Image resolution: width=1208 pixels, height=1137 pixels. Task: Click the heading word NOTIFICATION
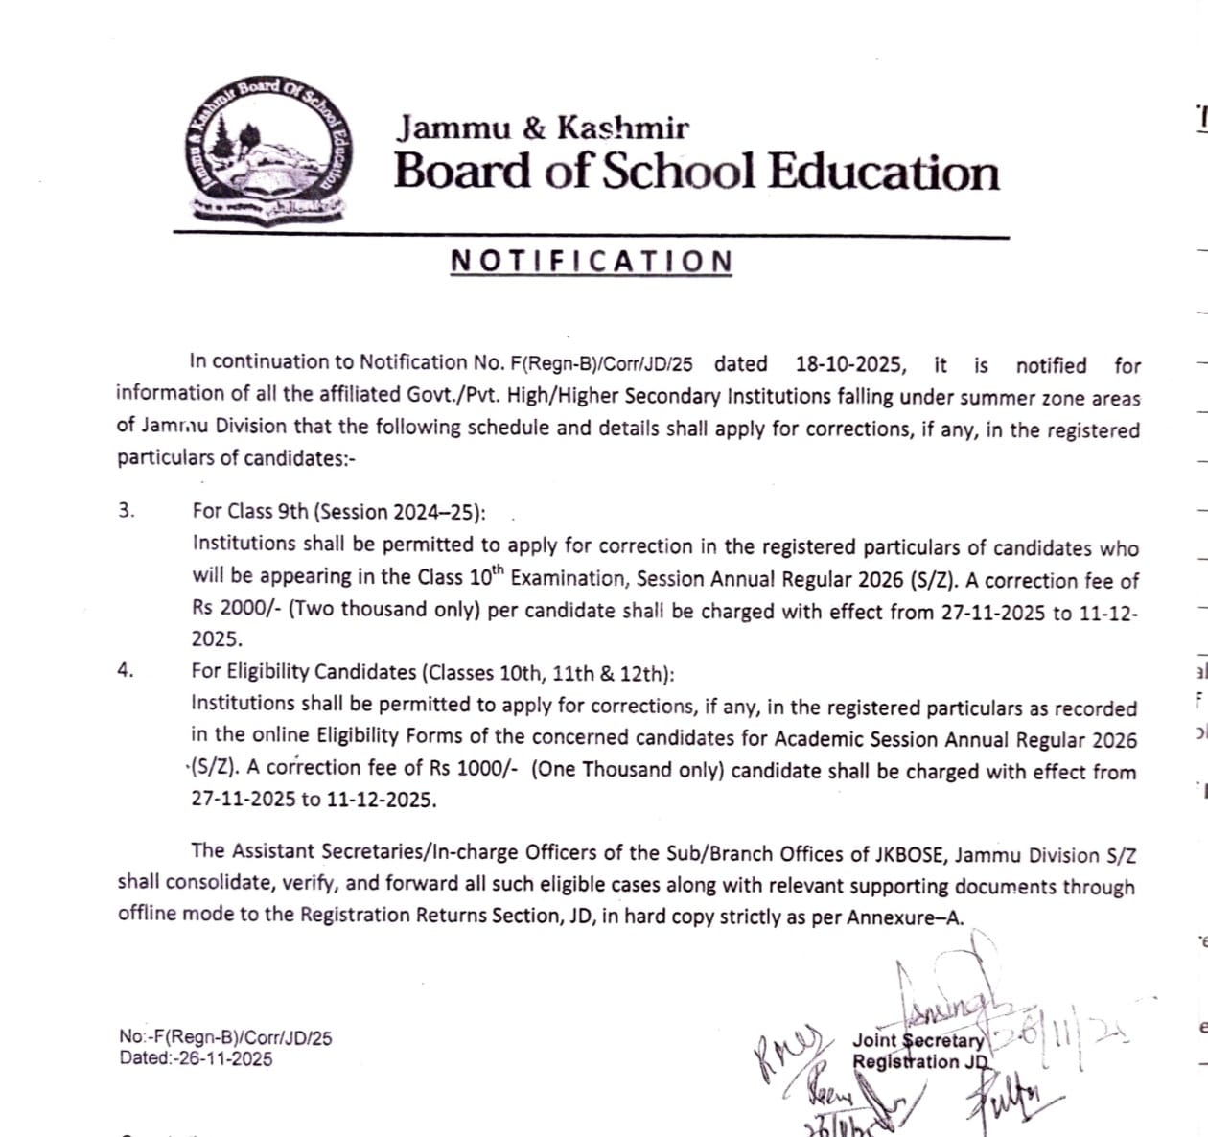592,262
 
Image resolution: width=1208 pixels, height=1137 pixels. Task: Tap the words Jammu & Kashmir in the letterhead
544,128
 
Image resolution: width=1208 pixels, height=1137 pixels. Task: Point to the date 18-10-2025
850,364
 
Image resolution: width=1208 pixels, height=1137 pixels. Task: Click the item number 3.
127,510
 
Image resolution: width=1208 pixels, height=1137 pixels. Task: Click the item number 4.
126,670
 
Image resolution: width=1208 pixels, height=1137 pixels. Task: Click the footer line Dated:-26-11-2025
196,1058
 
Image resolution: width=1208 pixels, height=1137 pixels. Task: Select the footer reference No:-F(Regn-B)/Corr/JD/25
225,1037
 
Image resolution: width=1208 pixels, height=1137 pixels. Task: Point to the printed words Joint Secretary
918,1040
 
